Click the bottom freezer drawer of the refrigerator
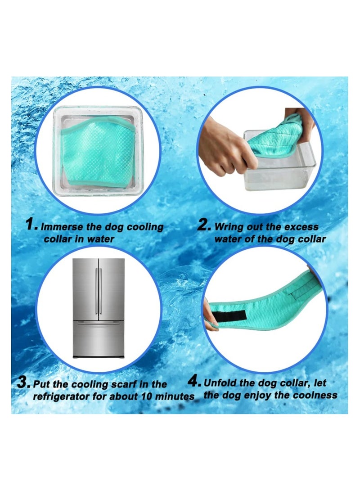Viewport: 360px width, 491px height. point(99,340)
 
